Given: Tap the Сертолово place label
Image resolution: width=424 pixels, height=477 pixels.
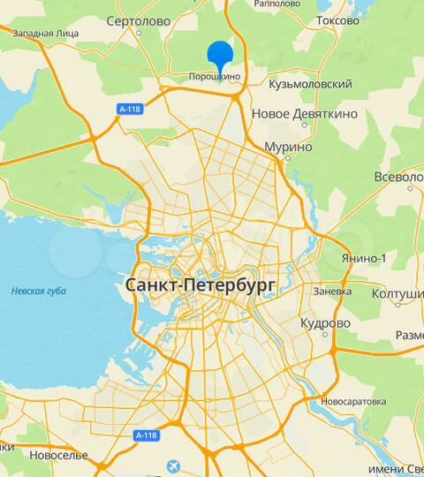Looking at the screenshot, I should [x=137, y=20].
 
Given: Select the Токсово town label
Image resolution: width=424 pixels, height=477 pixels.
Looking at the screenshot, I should [x=337, y=19].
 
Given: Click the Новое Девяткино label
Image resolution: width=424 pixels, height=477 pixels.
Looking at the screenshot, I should [x=304, y=114].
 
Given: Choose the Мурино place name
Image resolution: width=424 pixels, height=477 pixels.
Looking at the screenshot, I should [x=290, y=147].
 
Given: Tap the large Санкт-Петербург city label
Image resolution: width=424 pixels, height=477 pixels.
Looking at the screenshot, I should [x=201, y=285].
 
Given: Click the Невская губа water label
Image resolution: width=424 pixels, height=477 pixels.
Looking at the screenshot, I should [x=35, y=291].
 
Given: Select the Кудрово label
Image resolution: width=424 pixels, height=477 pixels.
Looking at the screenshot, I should [x=325, y=323].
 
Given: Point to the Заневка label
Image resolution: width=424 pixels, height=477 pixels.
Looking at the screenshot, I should [x=332, y=291].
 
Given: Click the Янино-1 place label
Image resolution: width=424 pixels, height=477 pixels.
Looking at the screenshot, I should [x=364, y=258].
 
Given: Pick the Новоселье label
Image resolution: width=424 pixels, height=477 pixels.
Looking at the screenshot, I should [x=58, y=455].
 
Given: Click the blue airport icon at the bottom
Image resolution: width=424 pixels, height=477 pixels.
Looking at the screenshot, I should [x=172, y=466].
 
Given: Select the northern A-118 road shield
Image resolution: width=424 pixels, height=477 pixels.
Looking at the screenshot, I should [x=129, y=110].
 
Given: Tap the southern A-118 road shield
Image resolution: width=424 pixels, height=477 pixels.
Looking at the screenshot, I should [x=147, y=435].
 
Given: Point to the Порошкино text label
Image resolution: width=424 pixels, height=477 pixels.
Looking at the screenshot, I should [x=215, y=77].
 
